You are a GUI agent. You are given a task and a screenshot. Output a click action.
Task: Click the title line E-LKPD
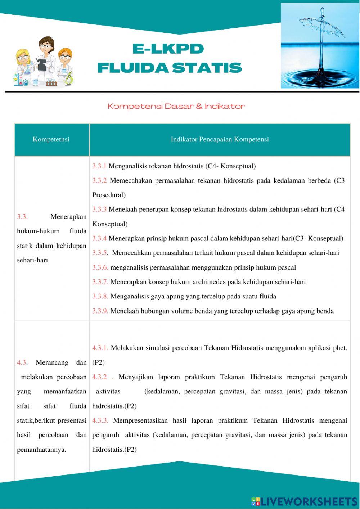pos(168,49)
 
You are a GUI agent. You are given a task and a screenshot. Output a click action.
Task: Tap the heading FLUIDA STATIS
pos(170,68)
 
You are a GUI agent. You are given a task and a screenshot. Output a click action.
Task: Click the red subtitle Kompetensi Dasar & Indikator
pos(176,106)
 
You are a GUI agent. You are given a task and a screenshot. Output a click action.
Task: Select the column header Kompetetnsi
pos(51,139)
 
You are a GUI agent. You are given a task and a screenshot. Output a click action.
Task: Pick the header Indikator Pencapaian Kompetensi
pos(220,139)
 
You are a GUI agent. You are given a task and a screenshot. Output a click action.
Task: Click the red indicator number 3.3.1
pos(99,166)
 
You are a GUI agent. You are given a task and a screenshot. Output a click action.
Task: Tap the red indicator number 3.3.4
pos(99,238)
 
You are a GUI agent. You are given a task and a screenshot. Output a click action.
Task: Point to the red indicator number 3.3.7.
pos(100,282)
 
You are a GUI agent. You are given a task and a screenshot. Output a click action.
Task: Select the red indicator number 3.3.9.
pos(100,311)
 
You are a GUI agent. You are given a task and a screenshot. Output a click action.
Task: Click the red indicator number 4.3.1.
pos(100,348)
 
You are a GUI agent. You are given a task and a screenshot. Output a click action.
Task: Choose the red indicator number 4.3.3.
pos(100,420)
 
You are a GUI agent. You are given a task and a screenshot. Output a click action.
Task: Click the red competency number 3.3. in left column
pos(22,217)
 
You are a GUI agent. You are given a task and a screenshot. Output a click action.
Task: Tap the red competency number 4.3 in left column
pos(21,362)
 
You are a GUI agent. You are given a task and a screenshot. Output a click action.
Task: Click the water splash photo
pos(320,46)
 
